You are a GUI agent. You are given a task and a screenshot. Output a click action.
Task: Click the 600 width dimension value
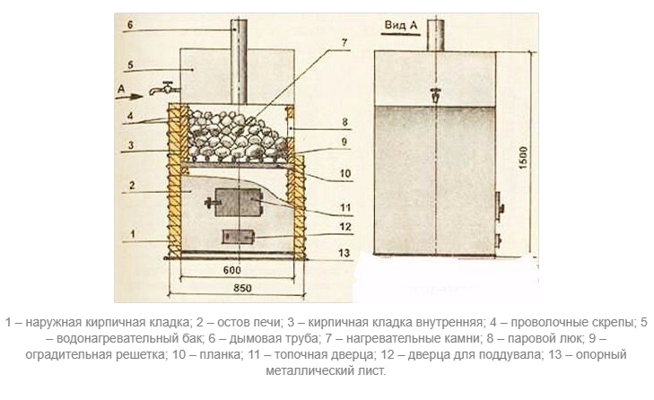(231, 270)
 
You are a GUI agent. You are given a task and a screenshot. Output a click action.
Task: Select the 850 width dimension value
(242, 288)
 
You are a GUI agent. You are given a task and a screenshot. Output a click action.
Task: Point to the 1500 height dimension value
(523, 158)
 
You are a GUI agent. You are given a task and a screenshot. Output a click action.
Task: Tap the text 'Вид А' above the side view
(401, 25)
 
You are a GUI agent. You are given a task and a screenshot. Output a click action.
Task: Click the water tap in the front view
(164, 89)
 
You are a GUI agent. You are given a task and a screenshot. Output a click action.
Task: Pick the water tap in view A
(435, 95)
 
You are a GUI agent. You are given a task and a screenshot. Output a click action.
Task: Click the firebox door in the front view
(238, 203)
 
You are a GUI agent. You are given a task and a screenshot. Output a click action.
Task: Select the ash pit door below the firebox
(238, 237)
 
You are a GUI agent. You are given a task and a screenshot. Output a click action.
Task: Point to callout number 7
(344, 42)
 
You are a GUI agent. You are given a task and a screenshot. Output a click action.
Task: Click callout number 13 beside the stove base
(344, 253)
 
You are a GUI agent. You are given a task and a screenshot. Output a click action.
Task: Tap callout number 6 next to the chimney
(130, 25)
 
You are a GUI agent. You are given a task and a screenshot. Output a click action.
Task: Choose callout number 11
(344, 207)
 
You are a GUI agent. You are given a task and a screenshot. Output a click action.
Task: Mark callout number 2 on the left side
(132, 185)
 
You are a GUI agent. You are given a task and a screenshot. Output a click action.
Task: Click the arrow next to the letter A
(129, 97)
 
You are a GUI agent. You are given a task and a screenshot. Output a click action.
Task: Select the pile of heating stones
(238, 135)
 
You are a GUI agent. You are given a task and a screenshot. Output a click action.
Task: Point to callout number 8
(344, 122)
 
